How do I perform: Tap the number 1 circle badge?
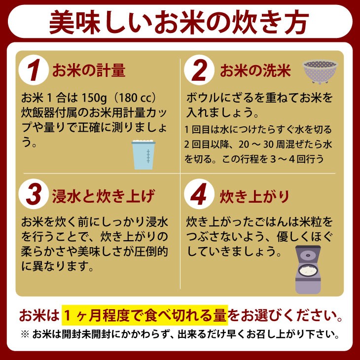[x=34, y=70]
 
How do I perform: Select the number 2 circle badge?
[x=199, y=70]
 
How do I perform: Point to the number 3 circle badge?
[x=34, y=194]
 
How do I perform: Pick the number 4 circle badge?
[x=199, y=194]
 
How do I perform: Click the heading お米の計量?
[x=89, y=70]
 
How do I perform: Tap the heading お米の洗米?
[x=255, y=70]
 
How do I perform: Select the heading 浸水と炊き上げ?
[x=104, y=196]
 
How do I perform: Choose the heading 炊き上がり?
[x=254, y=197]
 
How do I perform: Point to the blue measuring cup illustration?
[x=144, y=155]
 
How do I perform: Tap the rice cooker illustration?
[x=308, y=270]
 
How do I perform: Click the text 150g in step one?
[x=94, y=98]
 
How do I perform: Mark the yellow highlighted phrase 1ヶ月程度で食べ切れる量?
[x=145, y=315]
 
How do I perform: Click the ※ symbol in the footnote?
[x=25, y=334]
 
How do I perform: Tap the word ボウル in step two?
[x=203, y=98]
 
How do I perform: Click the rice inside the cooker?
[x=308, y=270]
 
